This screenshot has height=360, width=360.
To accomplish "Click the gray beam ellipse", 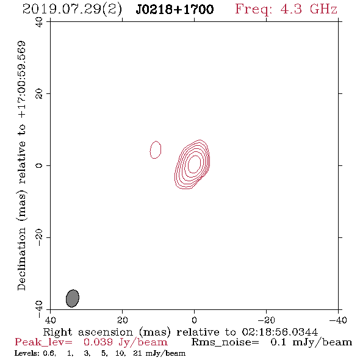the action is click(73, 298).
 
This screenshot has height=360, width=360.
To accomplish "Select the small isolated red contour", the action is click(150, 150).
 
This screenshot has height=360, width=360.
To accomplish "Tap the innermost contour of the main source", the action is click(189, 164).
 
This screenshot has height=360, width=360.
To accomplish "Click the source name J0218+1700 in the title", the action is click(175, 10).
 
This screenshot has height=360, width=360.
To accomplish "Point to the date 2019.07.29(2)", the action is click(72, 10).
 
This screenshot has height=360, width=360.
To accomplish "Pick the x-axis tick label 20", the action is click(123, 320).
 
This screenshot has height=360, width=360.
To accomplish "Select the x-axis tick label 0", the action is click(194, 320).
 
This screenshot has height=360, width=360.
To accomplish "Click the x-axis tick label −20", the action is click(266, 320).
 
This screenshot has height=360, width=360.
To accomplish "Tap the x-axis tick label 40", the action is click(50, 320).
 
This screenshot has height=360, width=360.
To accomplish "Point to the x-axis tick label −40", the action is click(338, 320).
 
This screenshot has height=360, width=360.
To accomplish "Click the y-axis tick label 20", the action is click(39, 94).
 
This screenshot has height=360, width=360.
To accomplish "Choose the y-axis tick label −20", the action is click(39, 237).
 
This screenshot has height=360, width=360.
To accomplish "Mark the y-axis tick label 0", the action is click(39, 165).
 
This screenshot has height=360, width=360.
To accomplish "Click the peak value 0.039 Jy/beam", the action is click(125, 342).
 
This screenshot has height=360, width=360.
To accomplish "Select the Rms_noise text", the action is click(225, 342).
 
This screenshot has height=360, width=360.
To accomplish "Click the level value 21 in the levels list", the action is click(137, 353).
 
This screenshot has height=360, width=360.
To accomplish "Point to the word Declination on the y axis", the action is click(21, 259).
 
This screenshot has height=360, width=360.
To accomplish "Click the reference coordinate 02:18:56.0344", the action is click(279, 332).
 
